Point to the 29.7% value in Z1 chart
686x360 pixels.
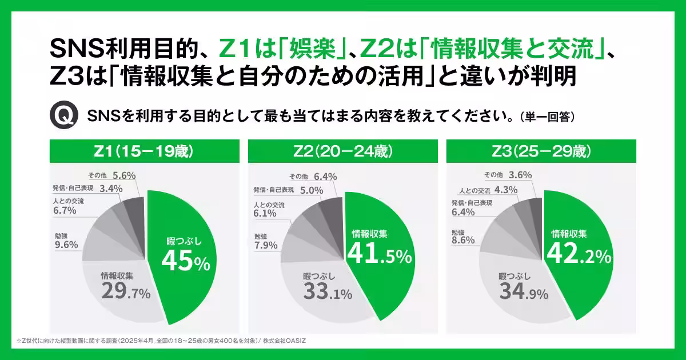(x=125, y=292)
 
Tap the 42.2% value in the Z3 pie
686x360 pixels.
(x=579, y=255)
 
